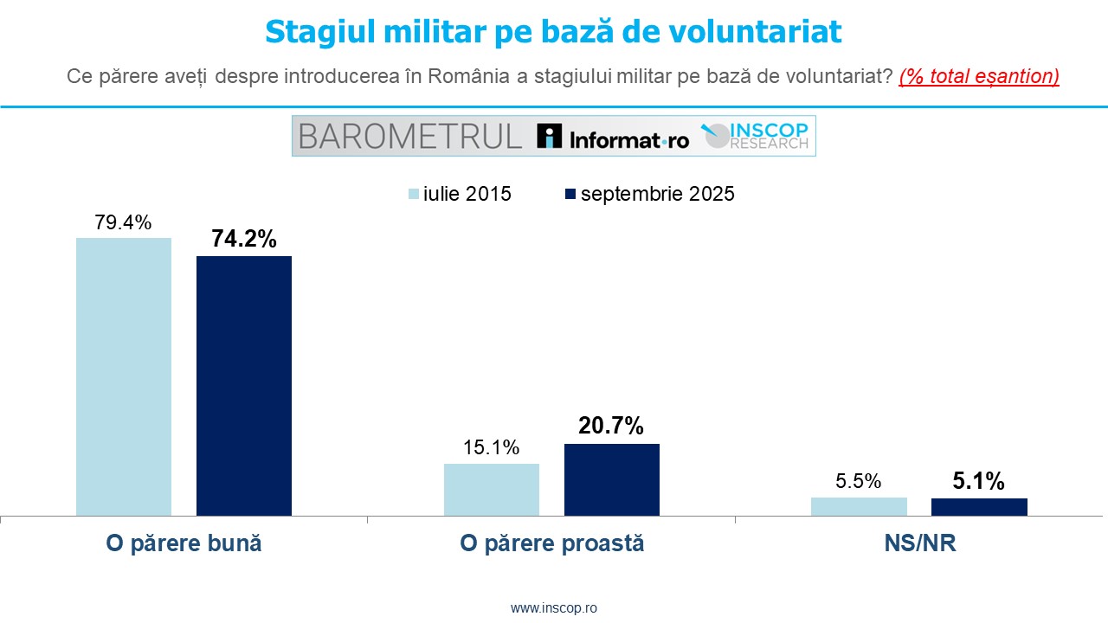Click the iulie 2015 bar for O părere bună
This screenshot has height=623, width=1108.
coord(124,376)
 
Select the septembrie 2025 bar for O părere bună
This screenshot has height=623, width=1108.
coord(244,386)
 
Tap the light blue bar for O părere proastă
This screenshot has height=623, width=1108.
coord(492,490)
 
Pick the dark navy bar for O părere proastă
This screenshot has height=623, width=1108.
coord(612,480)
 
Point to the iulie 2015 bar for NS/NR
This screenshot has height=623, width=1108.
coord(859,507)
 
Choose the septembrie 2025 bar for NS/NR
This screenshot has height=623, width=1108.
coord(979,507)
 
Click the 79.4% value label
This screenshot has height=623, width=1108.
coord(123,222)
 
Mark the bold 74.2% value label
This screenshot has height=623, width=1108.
coord(244,240)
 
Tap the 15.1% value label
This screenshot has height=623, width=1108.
coord(491,448)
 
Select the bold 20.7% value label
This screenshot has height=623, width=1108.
coord(611,426)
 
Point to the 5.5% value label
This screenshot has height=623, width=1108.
coord(859,482)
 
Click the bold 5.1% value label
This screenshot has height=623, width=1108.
coord(979,481)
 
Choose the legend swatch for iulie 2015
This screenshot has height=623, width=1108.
coord(414,194)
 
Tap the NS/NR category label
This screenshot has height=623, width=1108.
coord(919,543)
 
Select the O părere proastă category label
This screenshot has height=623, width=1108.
coord(552,543)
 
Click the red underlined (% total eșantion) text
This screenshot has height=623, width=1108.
coord(979,76)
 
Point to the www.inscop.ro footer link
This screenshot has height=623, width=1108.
coord(554,608)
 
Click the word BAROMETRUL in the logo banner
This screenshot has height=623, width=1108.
coord(409,136)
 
